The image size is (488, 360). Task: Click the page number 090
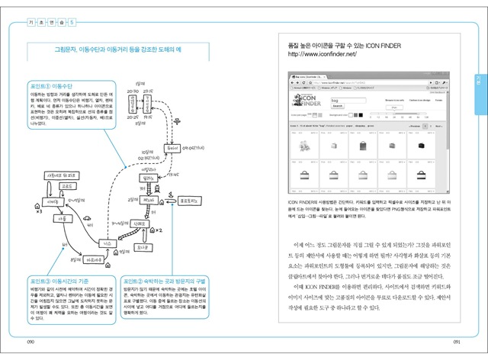(x=31, y=341)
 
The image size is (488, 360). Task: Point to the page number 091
(x=456, y=341)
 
